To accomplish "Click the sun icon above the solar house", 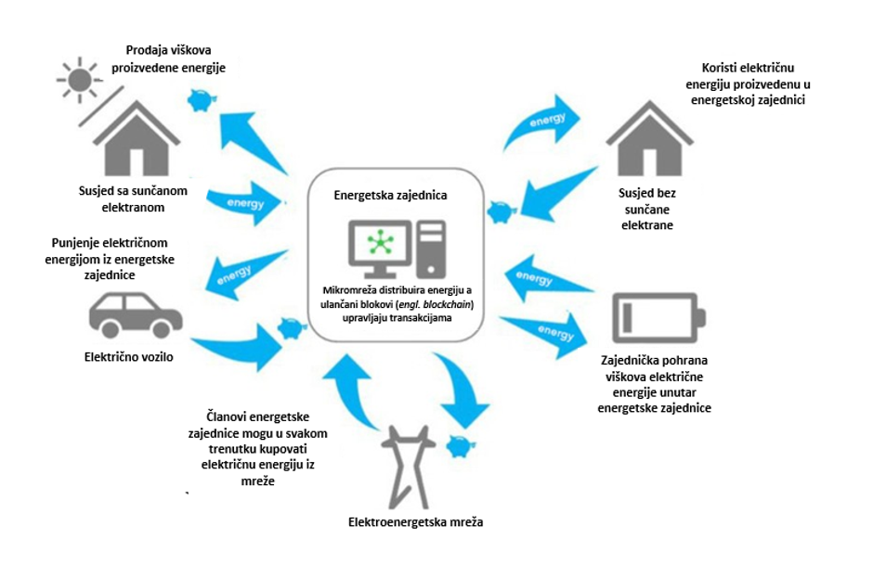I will (x=77, y=77).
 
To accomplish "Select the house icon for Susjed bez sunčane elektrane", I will (x=655, y=139).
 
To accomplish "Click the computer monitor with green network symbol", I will (x=378, y=246).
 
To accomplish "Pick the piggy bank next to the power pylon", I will (x=457, y=446).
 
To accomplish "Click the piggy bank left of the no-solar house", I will (x=501, y=212).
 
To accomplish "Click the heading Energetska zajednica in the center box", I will (x=390, y=196).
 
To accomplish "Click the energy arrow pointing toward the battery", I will (x=543, y=332).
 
